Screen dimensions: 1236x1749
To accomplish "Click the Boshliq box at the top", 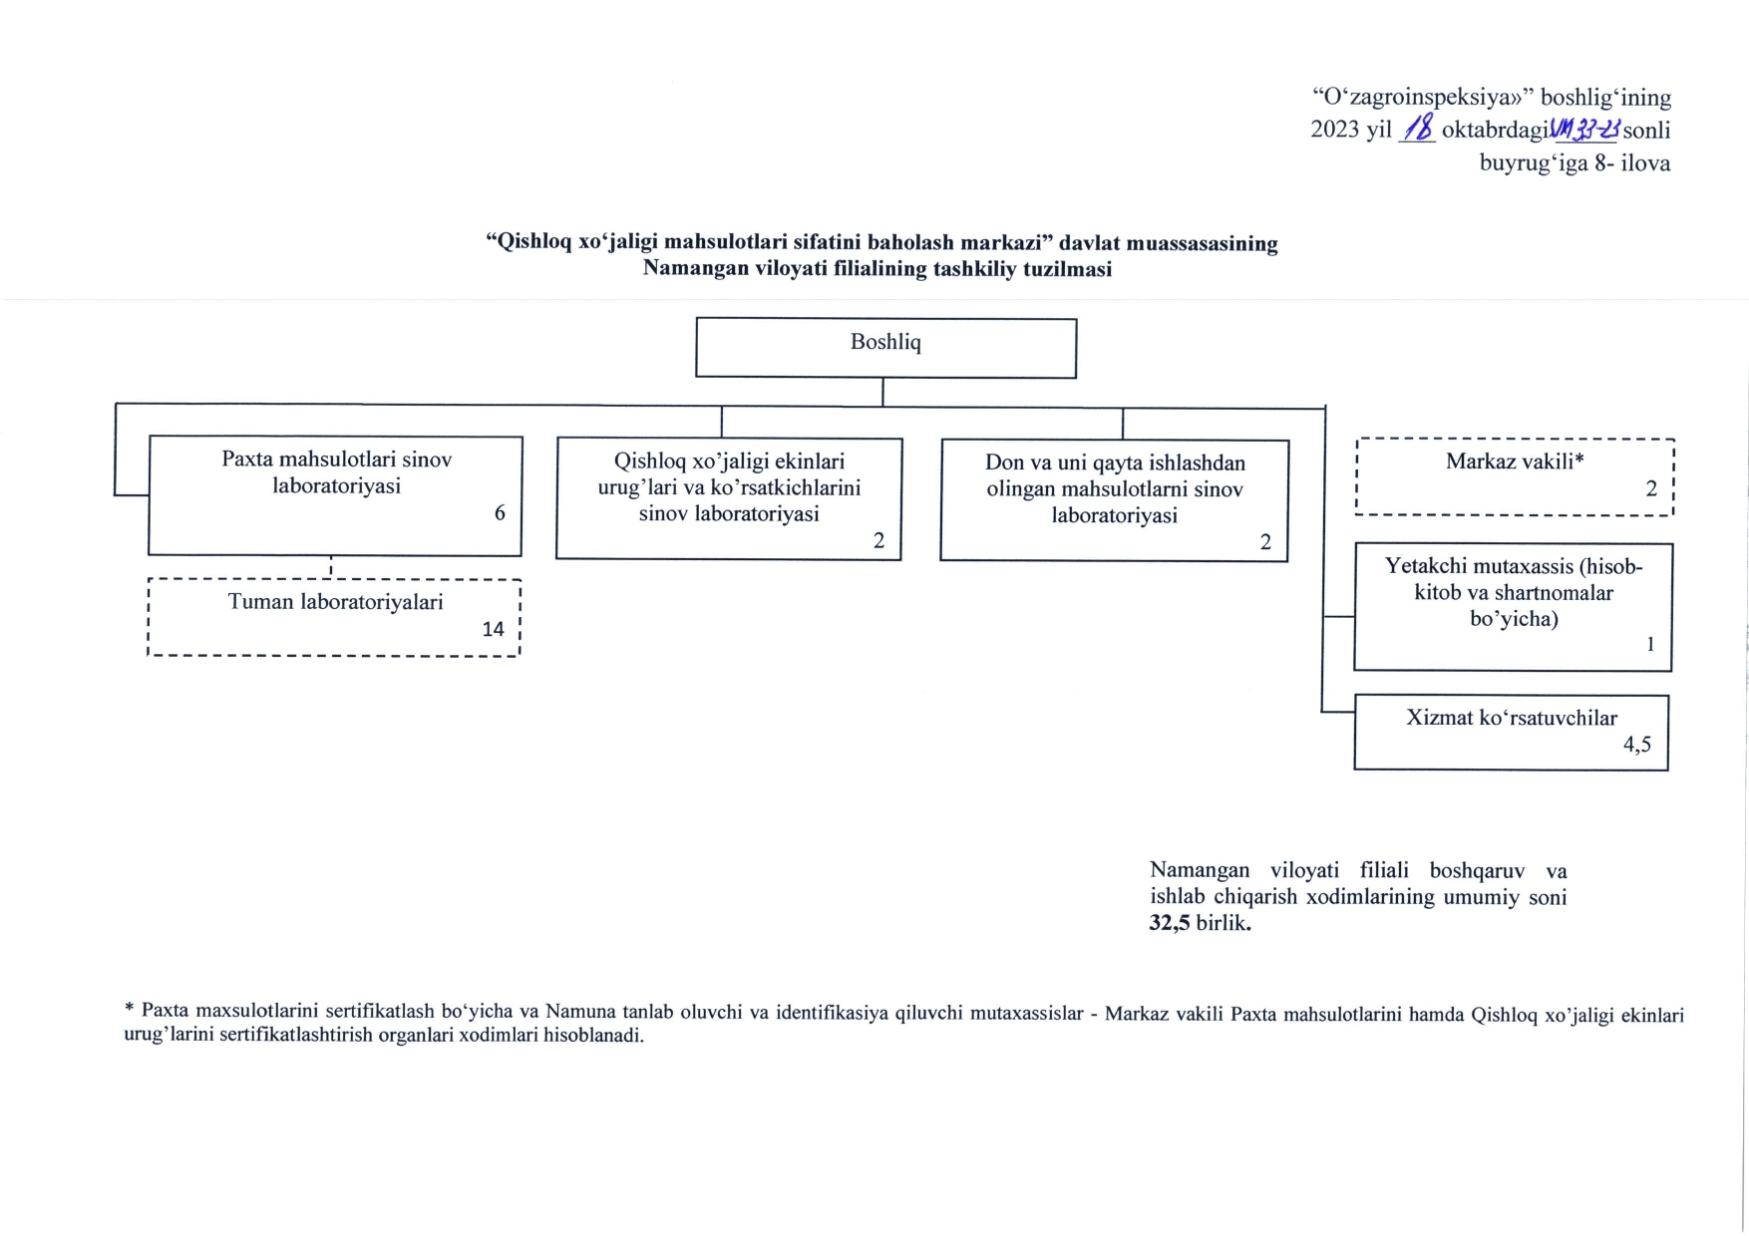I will pos(885,347).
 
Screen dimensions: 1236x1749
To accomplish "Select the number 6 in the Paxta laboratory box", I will pos(500,512).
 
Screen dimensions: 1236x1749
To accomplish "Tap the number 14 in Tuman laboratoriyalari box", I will pos(493,629).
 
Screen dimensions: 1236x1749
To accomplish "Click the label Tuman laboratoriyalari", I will pos(335,602).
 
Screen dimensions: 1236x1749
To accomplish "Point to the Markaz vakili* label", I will pos(1514,461).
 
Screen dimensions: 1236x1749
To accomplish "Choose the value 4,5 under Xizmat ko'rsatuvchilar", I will pos(1636,744).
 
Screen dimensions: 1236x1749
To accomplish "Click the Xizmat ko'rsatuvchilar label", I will pos(1511,718).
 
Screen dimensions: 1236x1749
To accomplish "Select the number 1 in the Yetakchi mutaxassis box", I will pos(1649,644).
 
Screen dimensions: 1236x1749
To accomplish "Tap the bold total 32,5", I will pos(1170,923).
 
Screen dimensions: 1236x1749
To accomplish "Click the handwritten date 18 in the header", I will pos(1417,129).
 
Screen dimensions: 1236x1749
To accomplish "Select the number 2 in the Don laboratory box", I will pos(1265,542).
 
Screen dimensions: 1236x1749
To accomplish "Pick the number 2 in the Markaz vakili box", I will pos(1651,488).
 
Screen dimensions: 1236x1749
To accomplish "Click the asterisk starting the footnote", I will pos(129,1010).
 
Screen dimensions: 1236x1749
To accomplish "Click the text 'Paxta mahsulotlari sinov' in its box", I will pos(336,460).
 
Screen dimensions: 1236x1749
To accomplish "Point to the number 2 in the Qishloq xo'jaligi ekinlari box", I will pos(878,540).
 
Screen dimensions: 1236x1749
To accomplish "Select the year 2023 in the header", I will pos(1335,130).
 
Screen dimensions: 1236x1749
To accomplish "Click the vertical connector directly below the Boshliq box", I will pos(882,392).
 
